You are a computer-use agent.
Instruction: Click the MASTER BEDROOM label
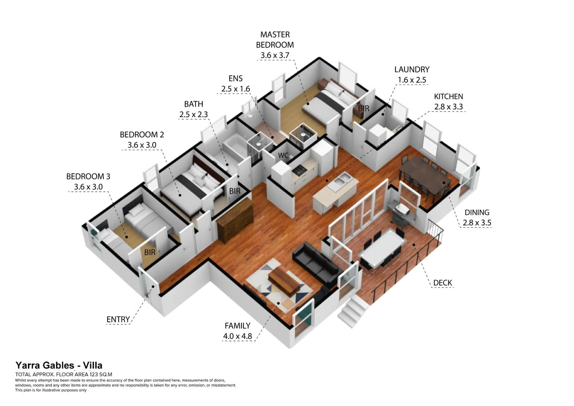[x=275, y=40]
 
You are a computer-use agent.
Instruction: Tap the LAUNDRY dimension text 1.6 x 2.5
[x=412, y=80]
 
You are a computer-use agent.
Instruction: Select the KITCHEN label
[x=448, y=96]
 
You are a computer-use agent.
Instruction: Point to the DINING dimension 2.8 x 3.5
[x=477, y=223]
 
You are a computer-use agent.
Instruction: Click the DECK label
[x=443, y=283]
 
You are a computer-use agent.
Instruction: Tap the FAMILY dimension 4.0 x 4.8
[x=237, y=336]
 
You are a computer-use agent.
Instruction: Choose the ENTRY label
[x=118, y=320]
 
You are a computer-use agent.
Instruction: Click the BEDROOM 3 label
[x=88, y=176]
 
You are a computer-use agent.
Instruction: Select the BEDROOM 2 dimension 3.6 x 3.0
[x=142, y=145]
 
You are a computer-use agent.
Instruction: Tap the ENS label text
[x=236, y=78]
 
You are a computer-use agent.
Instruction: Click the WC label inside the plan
[x=283, y=156]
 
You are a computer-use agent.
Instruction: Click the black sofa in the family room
[x=316, y=265]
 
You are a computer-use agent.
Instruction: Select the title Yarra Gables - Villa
[x=59, y=365]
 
